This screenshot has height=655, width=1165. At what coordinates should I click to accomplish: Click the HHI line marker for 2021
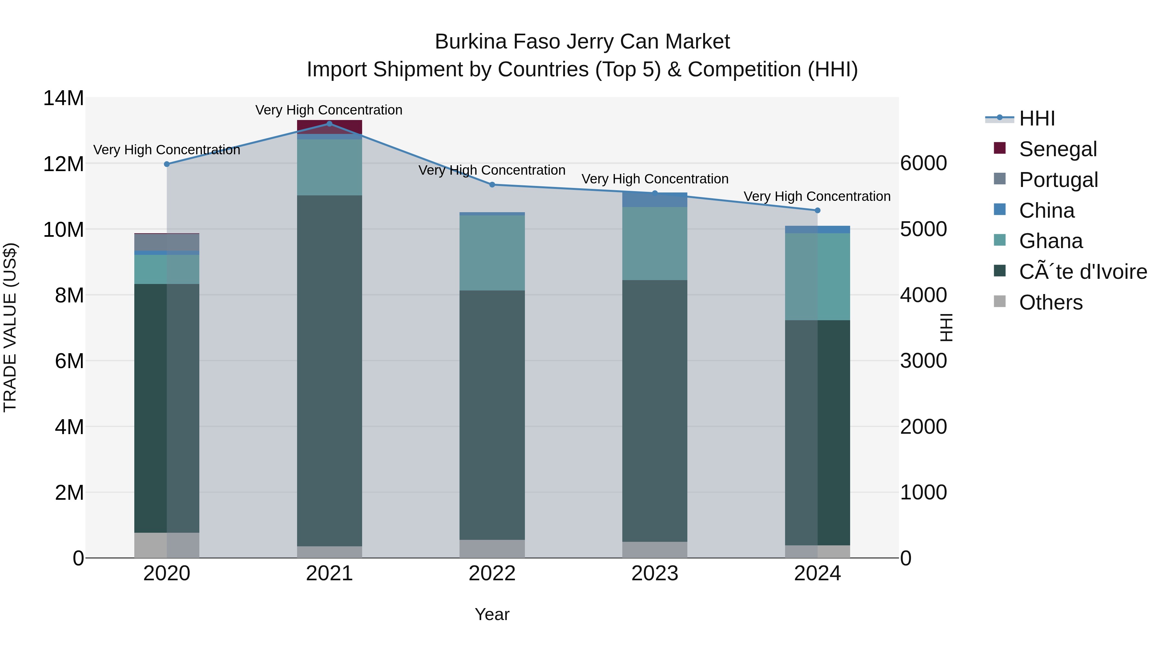[329, 124]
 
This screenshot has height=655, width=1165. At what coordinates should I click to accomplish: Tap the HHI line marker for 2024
[817, 211]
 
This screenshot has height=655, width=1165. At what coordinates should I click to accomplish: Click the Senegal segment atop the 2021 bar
[329, 127]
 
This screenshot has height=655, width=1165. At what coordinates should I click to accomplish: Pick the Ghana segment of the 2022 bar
[492, 253]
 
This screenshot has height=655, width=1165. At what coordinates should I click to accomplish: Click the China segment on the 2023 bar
[654, 200]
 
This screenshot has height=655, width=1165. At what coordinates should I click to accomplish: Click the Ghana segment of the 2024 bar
[817, 277]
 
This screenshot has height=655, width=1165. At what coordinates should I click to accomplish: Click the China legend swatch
[1000, 210]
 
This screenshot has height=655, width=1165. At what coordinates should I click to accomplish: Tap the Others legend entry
[1050, 302]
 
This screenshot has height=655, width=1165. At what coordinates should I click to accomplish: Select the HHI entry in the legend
[1037, 118]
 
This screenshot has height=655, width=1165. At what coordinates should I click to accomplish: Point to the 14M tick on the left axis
[63, 98]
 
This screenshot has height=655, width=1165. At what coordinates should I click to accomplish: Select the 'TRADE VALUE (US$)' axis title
[10, 328]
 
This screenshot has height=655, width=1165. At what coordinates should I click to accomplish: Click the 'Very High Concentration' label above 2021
[329, 110]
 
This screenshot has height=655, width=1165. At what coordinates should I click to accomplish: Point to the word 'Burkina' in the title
[470, 42]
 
